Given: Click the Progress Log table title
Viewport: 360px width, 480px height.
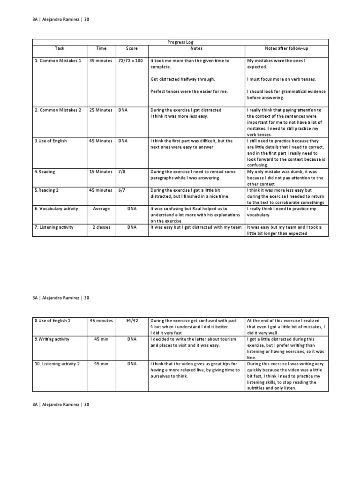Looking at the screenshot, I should click(180, 42).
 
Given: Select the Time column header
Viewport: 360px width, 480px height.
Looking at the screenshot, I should click(101, 48).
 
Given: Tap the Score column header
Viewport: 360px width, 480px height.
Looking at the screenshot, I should click(132, 48).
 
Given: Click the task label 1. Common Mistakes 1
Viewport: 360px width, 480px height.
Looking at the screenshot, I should click(58, 61).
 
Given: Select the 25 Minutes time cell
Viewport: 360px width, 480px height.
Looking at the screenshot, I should click(101, 110).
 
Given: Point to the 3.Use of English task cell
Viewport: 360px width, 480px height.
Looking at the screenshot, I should click(50, 141).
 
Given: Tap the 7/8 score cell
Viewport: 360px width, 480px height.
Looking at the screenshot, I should click(121, 172).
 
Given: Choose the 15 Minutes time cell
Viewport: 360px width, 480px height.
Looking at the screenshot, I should click(101, 172).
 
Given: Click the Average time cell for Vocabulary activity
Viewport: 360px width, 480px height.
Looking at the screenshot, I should click(101, 209).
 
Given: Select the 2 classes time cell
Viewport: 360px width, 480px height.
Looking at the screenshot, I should click(101, 227).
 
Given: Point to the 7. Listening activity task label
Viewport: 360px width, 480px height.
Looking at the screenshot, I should click(54, 227).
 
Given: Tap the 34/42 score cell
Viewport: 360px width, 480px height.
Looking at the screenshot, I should click(132, 321).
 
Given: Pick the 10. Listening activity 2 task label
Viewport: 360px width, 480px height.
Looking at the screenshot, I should click(57, 364).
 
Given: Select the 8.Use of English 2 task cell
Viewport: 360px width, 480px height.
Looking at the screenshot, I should click(54, 321).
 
